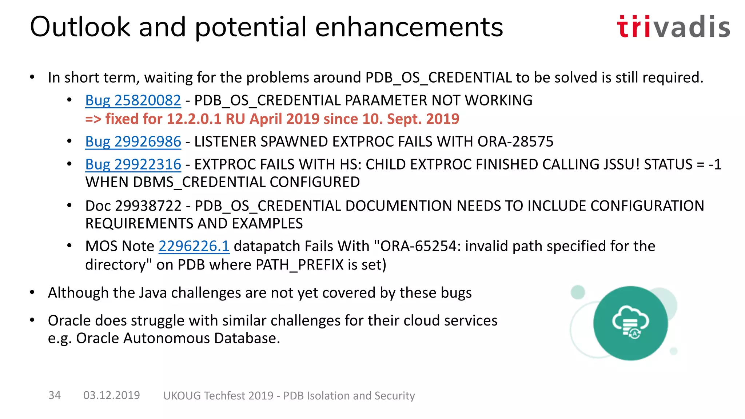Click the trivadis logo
673,27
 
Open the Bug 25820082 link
133,100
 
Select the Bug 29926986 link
133,141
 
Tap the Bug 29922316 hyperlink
133,164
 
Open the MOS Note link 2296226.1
194,246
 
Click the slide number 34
55,395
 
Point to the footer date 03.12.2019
111,395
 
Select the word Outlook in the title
80,27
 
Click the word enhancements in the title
409,27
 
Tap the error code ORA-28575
515,141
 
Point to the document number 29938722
148,206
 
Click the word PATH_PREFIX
299,265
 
